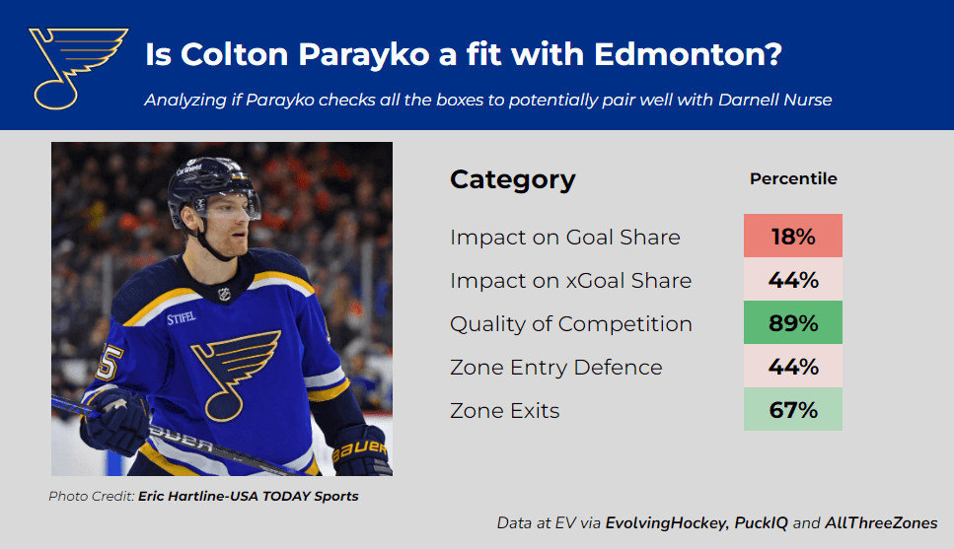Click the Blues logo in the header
[x=78, y=68]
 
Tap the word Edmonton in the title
[x=688, y=54]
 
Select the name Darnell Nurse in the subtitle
[x=774, y=100]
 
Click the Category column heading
[x=512, y=180]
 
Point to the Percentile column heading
[x=793, y=178]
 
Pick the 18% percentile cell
[x=793, y=236]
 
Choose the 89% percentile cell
[x=793, y=322]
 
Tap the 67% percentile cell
[x=793, y=409]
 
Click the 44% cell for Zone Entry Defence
[x=793, y=366]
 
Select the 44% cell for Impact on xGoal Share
[x=793, y=279]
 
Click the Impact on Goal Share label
[x=565, y=238]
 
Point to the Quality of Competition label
[x=571, y=324]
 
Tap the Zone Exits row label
[x=505, y=411]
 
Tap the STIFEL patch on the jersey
[x=182, y=317]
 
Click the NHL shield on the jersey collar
[x=225, y=295]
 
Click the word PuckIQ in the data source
[x=761, y=523]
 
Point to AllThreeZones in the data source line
[x=881, y=522]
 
